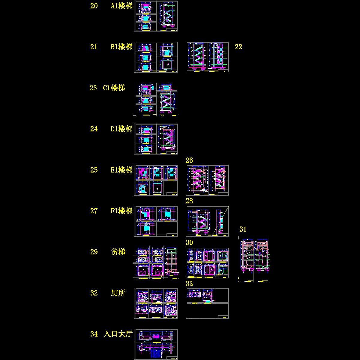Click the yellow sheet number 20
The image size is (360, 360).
[94, 6]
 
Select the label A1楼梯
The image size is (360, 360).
[121, 6]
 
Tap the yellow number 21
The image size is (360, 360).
[94, 47]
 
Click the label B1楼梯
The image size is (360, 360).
[121, 47]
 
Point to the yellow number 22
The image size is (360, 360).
[238, 47]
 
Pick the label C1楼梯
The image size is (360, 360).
[114, 88]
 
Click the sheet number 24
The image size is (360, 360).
[94, 129]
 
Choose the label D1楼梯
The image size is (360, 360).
[121, 129]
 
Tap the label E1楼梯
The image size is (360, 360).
[121, 170]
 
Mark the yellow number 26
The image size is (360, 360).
[189, 160]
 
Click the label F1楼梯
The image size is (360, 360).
[121, 211]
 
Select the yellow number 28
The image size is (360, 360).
[189, 201]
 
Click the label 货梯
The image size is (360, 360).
[118, 252]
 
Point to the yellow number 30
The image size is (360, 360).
[189, 242]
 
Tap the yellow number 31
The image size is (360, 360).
[243, 229]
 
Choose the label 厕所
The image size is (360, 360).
[118, 293]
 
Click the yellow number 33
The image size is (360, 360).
[189, 283]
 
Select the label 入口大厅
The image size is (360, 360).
[118, 334]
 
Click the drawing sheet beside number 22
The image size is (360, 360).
[207, 57]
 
